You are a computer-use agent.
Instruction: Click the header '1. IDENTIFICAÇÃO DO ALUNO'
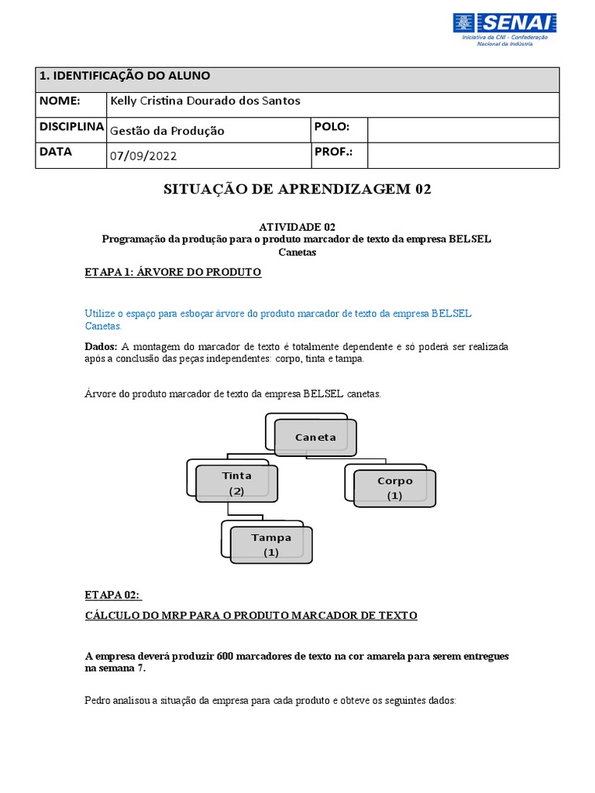click(x=125, y=76)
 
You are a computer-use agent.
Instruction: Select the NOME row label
click(x=60, y=101)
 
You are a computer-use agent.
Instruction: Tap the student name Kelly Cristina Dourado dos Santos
click(x=205, y=101)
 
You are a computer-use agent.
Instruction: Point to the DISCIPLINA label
click(x=71, y=127)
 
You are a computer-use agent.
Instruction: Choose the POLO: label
click(x=332, y=127)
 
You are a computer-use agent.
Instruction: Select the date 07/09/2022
click(x=144, y=156)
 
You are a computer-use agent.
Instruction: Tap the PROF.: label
click(x=333, y=152)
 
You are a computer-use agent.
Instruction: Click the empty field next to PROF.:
click(x=463, y=155)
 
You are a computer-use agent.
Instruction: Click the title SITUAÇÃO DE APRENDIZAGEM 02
click(x=297, y=190)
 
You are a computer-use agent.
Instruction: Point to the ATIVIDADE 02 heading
click(x=297, y=227)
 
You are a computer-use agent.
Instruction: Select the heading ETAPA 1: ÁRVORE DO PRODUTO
click(x=173, y=273)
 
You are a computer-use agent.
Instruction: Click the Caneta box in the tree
click(x=315, y=438)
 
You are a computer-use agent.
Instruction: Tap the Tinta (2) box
click(x=236, y=483)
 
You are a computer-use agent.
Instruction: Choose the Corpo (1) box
click(x=394, y=488)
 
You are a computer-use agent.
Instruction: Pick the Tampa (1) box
click(x=270, y=544)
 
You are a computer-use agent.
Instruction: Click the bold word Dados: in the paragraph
click(x=101, y=346)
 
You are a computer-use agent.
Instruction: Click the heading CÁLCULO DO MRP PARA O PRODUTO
click(x=250, y=616)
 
